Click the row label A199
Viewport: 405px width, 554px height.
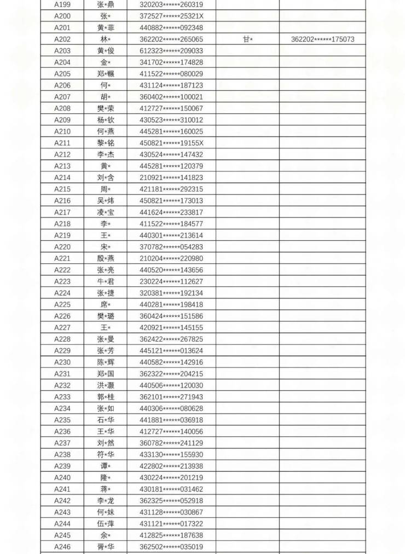[62, 4]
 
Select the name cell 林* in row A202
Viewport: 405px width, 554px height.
[106, 39]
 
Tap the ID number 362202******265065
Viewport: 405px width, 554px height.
[171, 39]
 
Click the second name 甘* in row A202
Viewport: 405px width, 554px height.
[247, 39]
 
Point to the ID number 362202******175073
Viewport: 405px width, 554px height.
[322, 39]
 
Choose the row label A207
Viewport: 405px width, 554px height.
[62, 97]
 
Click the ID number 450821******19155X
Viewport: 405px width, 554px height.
[171, 143]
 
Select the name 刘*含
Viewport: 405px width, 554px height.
[106, 177]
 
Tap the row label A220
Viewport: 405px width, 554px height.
[62, 247]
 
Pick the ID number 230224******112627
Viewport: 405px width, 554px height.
[171, 281]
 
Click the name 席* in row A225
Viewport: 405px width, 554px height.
[106, 304]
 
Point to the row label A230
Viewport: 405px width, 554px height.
[62, 362]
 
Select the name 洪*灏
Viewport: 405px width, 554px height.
[106, 385]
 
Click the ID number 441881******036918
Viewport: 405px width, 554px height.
[171, 420]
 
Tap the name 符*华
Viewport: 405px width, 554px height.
[106, 454]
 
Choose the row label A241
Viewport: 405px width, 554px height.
[62, 489]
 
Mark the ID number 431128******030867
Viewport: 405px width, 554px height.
[171, 512]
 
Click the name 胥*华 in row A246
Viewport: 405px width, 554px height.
[106, 546]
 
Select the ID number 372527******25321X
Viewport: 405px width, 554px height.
[171, 16]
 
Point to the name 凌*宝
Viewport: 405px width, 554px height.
[106, 212]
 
